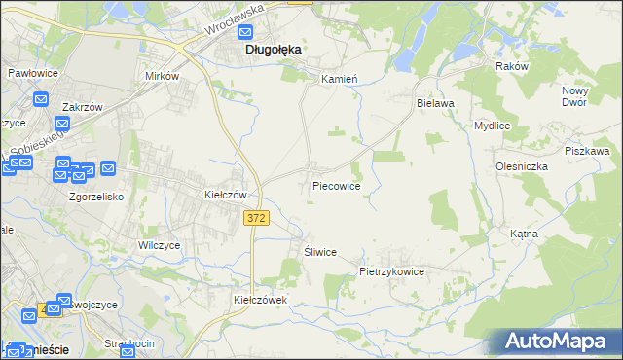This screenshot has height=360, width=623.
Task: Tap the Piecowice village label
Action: coord(337,185)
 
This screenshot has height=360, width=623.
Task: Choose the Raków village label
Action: coord(511,66)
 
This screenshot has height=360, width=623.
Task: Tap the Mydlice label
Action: coord(493,126)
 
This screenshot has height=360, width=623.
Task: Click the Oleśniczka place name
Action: coord(521,166)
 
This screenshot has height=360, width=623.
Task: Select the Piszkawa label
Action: coord(587,151)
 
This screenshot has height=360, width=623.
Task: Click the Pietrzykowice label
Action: coord(391,272)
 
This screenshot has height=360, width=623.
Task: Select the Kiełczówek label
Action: coord(261,300)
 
